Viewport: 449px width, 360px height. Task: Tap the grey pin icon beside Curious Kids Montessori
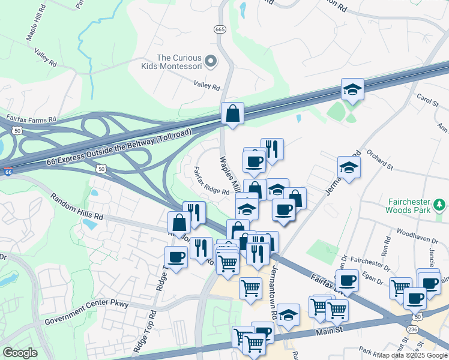[211, 61]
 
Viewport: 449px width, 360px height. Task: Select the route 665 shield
[219, 29]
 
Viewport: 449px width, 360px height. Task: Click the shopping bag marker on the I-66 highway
[232, 113]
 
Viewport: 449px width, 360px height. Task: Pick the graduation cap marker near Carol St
[352, 89]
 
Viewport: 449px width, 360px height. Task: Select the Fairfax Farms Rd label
[31, 118]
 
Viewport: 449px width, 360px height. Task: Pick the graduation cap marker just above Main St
[288, 314]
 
